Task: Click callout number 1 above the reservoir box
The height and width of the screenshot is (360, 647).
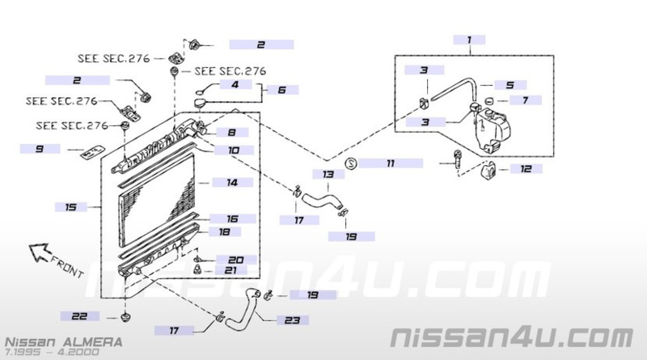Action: coord(469,40)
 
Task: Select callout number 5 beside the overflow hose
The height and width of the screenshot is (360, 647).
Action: coord(510,85)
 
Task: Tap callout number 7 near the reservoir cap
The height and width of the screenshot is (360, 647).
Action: coord(525,100)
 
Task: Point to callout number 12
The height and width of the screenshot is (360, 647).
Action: coord(526,168)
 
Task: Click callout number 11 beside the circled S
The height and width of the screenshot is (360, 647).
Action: coord(391,163)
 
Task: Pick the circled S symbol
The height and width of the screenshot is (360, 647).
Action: coord(351,163)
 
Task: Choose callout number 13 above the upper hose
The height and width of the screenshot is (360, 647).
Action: coord(328,174)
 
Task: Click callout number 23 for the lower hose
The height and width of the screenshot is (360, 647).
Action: coord(292,320)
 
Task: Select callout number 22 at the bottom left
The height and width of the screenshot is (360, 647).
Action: coord(79,316)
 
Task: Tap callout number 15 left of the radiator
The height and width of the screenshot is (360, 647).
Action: coord(70,207)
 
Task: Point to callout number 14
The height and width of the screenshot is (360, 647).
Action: coord(232,182)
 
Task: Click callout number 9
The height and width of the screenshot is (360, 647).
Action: coord(39,149)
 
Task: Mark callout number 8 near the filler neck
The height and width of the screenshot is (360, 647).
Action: coord(232,132)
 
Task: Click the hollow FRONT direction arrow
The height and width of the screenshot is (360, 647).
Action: coord(40,252)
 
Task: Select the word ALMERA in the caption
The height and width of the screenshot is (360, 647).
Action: coord(93,342)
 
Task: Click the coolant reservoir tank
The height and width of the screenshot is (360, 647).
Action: coord(491,128)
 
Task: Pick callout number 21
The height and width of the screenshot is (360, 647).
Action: coord(230,270)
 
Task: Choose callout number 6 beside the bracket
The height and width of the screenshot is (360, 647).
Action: coord(281,90)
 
